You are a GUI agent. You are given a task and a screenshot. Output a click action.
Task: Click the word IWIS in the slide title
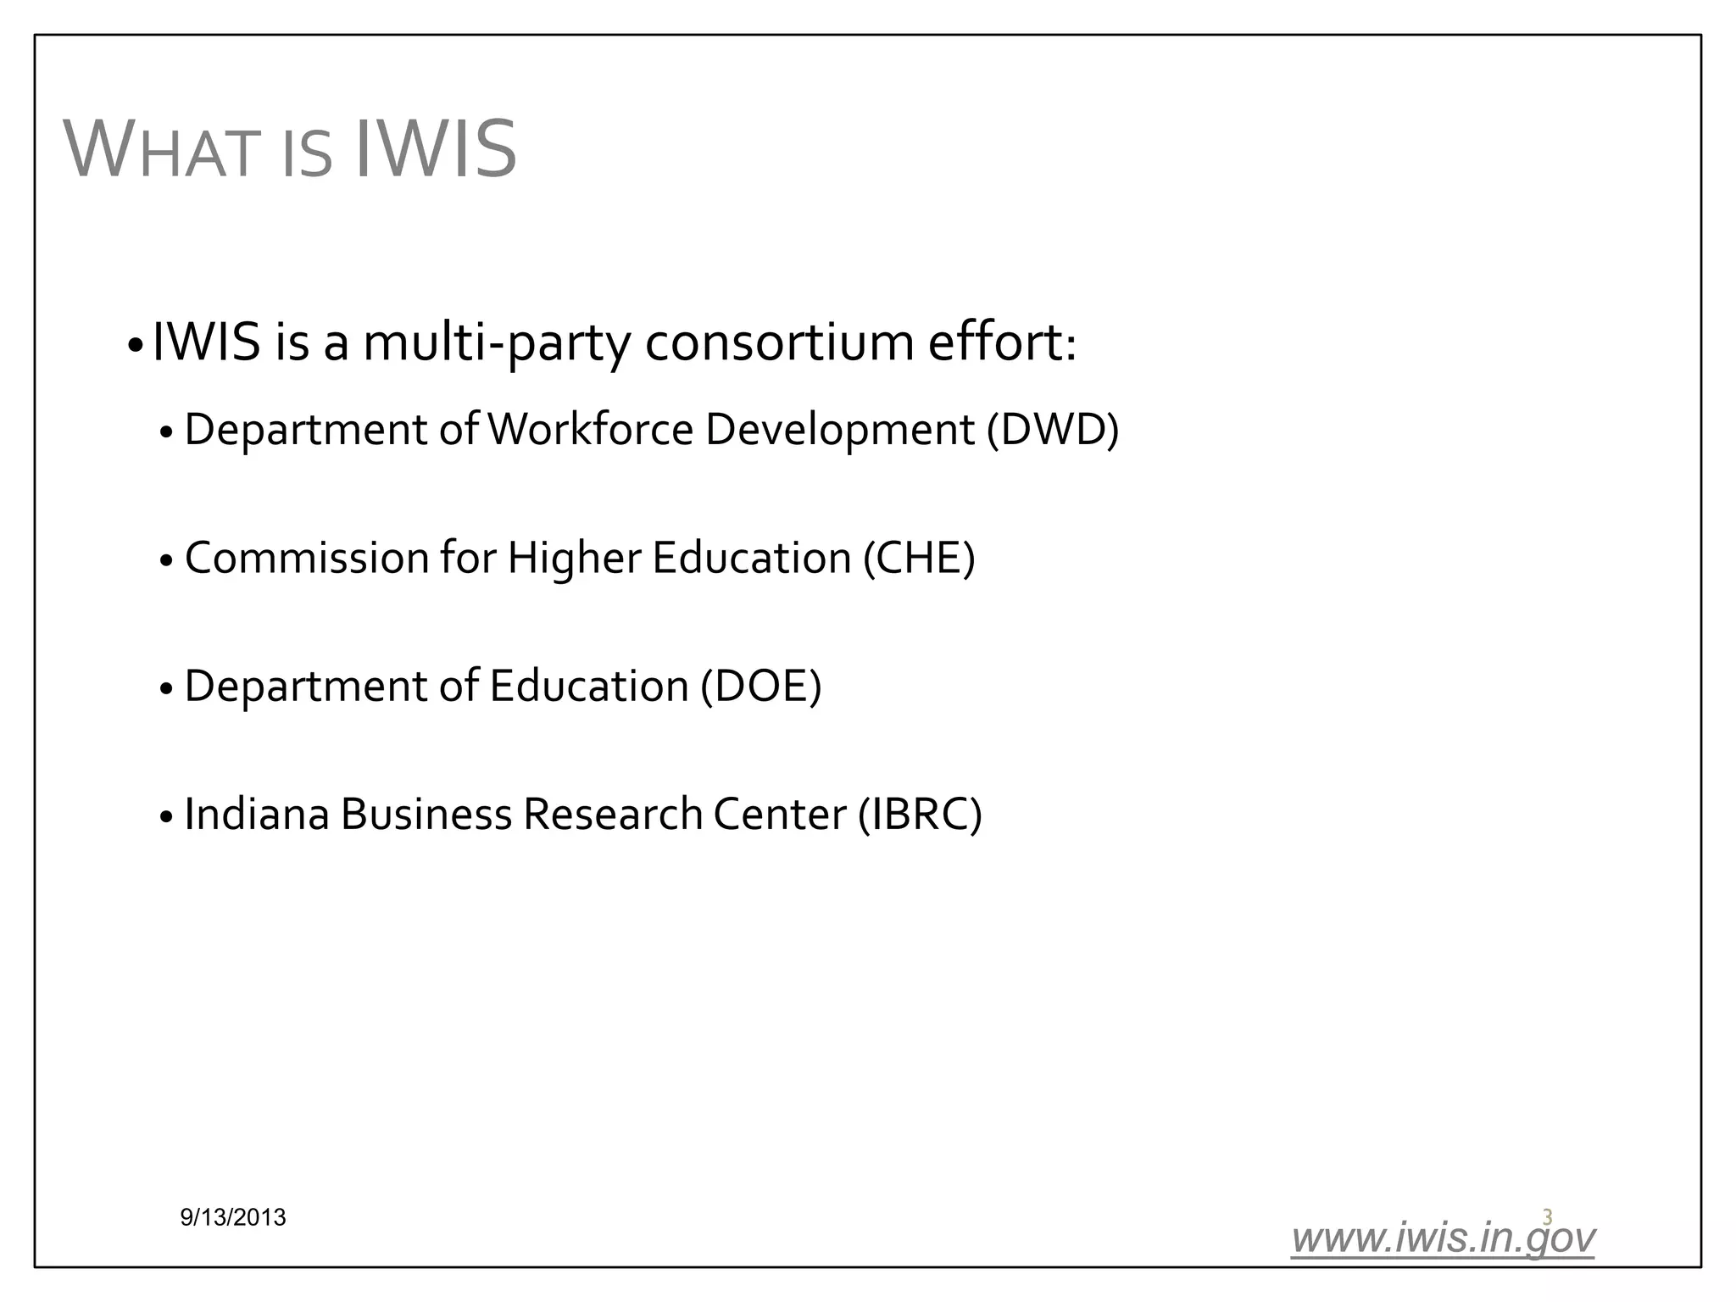pos(433,150)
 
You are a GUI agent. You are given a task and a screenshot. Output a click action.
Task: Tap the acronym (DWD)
pos(1052,429)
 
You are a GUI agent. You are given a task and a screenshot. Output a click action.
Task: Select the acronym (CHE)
pos(919,558)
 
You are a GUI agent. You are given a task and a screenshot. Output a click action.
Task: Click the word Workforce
pos(591,429)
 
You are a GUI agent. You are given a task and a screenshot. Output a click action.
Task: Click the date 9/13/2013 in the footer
pos(233,1218)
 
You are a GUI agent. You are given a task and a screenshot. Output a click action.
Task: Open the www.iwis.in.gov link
pos(1443,1238)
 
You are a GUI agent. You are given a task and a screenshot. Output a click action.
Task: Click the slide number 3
pos(1547,1217)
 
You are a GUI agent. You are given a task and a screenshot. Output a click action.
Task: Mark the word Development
pos(839,431)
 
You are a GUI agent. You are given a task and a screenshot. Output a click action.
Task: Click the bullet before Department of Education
pos(166,688)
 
